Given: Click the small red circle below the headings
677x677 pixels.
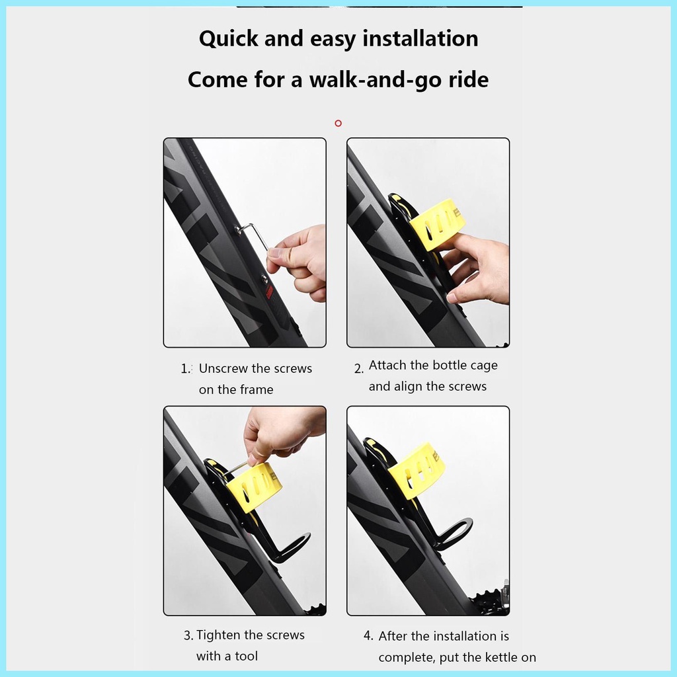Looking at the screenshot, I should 338,123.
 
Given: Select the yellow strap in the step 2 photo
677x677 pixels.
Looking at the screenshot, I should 436,223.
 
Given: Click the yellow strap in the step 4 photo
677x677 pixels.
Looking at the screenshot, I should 417,471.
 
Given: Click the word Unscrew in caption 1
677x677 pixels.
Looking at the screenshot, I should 223,368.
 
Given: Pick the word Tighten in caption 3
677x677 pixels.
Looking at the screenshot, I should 219,635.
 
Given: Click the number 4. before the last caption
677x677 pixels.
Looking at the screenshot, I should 369,636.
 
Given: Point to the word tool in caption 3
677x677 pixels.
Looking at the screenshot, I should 246,656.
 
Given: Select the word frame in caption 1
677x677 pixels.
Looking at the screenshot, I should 257,389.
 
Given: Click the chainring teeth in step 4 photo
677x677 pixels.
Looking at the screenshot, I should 493,602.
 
